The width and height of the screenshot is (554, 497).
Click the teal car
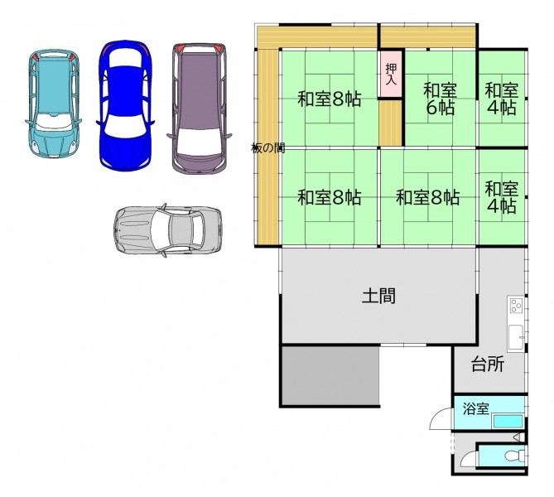[53, 104]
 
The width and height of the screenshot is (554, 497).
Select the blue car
[125, 105]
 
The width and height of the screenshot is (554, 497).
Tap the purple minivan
[200, 109]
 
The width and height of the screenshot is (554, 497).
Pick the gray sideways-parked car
[168, 230]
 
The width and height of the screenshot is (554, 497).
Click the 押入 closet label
[391, 74]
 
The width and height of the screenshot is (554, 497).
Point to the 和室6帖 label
[440, 99]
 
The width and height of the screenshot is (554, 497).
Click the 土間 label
[378, 296]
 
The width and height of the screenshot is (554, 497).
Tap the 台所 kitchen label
[488, 364]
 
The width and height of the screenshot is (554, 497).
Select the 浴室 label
[476, 408]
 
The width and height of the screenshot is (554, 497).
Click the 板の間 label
[267, 147]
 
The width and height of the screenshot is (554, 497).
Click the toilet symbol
[515, 456]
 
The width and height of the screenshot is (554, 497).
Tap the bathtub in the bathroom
[508, 421]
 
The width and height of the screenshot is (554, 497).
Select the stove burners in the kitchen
[516, 305]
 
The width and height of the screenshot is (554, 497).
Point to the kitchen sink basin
[516, 338]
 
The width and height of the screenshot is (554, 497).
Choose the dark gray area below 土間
[330, 375]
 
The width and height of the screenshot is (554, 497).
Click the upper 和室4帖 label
[501, 99]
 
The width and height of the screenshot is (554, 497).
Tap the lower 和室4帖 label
[501, 197]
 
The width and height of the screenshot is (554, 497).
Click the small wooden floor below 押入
[391, 123]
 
